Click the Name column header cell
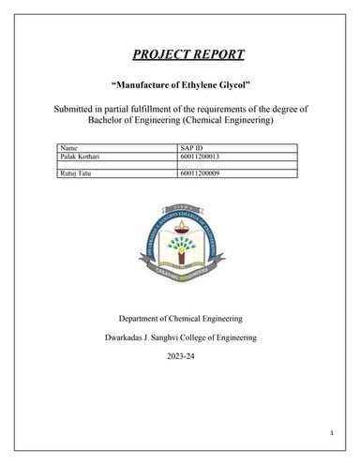[68, 148]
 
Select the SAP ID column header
[190, 148]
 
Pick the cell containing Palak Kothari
[81, 156]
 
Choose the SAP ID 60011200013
[199, 156]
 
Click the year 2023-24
[180, 357]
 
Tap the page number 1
[331, 431]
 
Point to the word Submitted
[76, 110]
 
